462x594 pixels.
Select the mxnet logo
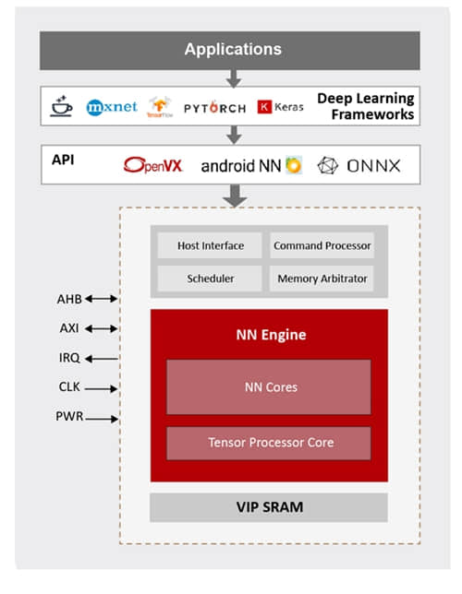pos(112,107)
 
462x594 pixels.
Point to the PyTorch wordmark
pos(214,107)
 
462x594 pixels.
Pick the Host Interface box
pos(211,246)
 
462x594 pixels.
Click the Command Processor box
pos(322,246)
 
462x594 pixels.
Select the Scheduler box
pos(211,278)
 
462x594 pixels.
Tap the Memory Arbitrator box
pos(322,278)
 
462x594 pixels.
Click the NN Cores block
pos(268,386)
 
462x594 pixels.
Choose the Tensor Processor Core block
pos(268,443)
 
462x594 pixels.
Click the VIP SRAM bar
pos(269,507)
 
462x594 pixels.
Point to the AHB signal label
pos(69,299)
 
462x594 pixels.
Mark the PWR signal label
pos(70,418)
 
